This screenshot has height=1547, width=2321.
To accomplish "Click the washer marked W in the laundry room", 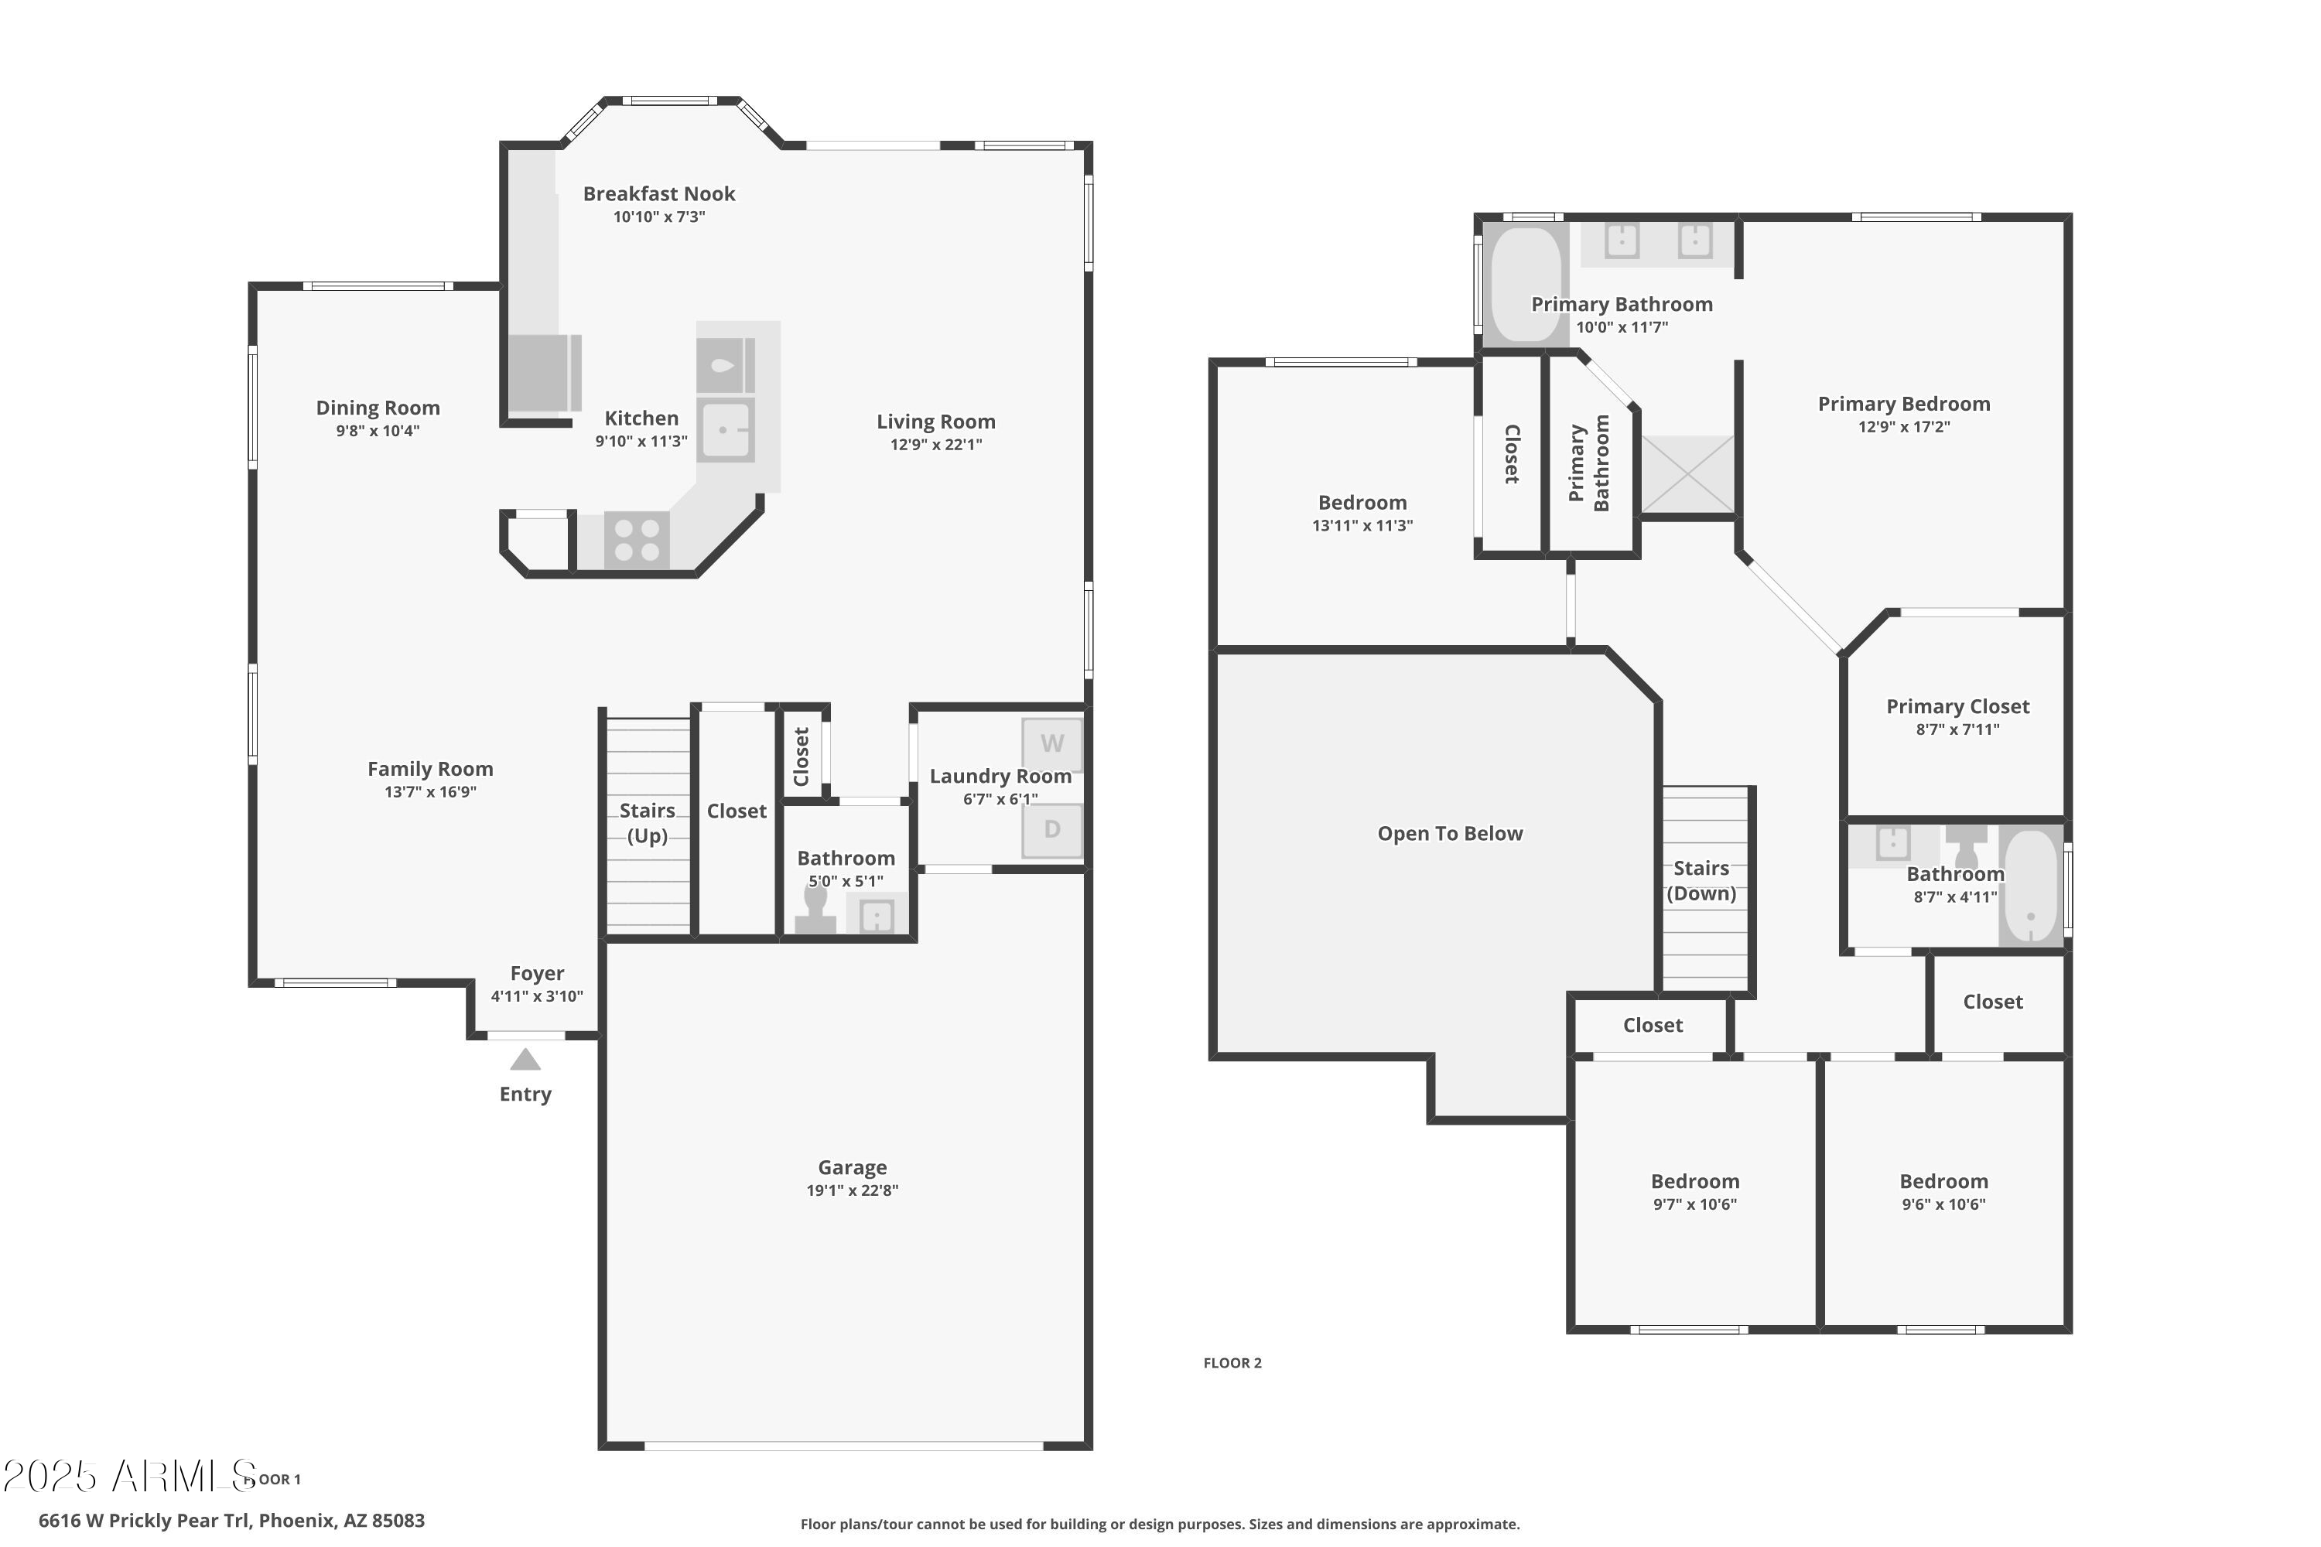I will [1052, 744].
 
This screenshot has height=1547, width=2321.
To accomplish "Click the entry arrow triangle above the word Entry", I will [525, 1060].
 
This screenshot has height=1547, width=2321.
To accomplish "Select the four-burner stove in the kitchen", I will [637, 540].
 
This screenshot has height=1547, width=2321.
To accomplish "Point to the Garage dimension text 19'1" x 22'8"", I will [852, 1190].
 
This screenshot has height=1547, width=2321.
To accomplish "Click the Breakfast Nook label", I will [658, 194].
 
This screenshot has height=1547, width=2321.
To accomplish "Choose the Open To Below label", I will [1450, 834].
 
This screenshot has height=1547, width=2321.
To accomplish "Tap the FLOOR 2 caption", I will [1232, 1362].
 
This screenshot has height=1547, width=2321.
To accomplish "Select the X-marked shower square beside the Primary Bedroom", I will [1687, 475].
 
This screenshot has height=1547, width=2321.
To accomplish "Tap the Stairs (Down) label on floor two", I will [1701, 880].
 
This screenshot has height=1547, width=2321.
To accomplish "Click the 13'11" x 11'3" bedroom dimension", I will [1362, 526].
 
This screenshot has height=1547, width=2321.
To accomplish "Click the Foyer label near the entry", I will [537, 974].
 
